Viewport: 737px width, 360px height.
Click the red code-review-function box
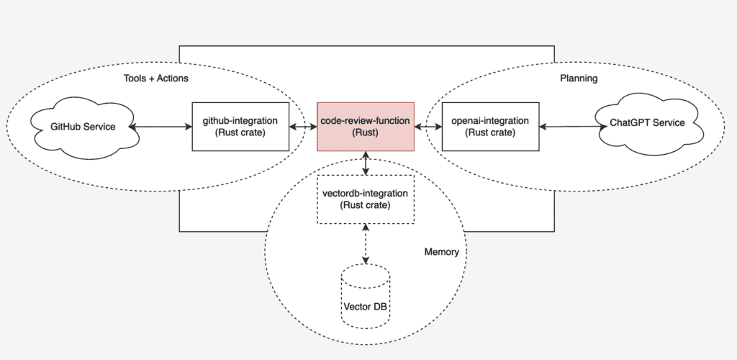point(366,126)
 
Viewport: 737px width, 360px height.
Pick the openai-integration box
point(489,126)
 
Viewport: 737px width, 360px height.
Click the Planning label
point(579,78)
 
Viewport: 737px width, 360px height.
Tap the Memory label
point(441,253)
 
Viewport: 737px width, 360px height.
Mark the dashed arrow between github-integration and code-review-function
point(302,127)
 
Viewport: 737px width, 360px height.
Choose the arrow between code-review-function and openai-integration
point(428,127)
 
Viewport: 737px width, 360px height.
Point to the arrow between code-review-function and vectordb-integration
point(367,163)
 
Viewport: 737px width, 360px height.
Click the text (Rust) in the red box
point(366,133)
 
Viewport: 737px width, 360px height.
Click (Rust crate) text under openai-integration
point(489,132)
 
